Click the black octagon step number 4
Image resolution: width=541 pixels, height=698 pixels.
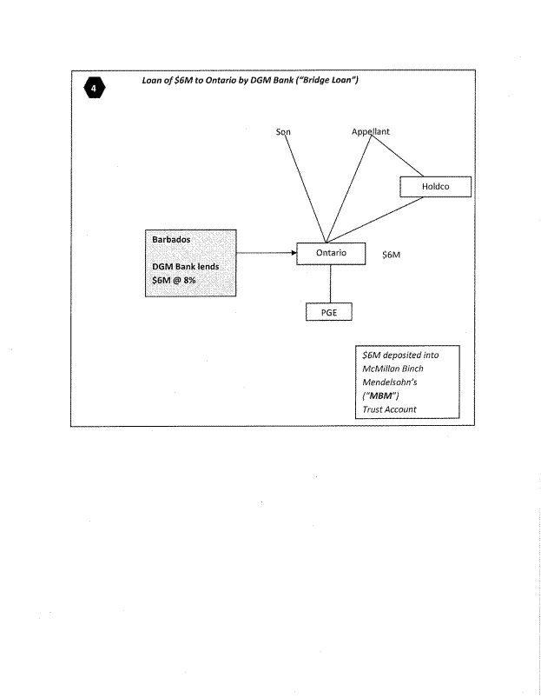coord(92,88)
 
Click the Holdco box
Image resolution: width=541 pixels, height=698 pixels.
coord(434,186)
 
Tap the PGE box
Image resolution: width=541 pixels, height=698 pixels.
coord(329,312)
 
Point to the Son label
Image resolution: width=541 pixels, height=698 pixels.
coord(282,132)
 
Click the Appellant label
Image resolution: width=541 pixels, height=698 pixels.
coord(371,132)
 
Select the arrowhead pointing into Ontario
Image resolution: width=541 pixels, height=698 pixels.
coord(293,253)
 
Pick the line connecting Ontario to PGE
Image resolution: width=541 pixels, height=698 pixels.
coord(330,283)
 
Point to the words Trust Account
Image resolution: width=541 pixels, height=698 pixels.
coord(389,409)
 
